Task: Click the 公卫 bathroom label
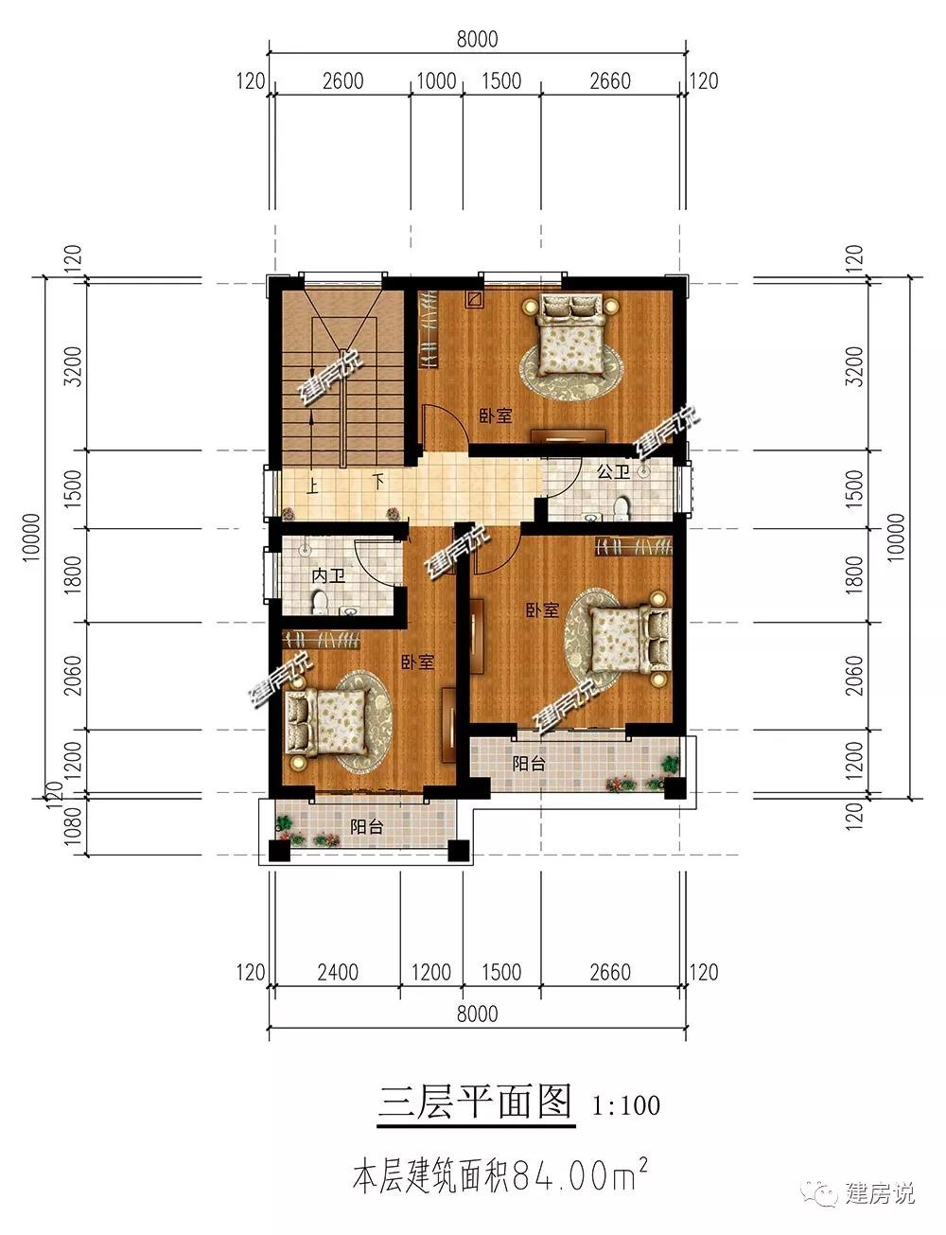(x=613, y=471)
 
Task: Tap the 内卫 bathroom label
(x=328, y=575)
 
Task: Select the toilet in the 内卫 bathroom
(x=320, y=602)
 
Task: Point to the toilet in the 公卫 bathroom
(x=622, y=507)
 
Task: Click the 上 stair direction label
(x=312, y=487)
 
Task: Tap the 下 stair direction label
(x=378, y=482)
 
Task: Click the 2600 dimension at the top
(x=342, y=80)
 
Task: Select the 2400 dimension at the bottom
(x=338, y=973)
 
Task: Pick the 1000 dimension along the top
(x=436, y=80)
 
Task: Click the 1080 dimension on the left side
(x=73, y=827)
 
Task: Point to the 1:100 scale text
(x=626, y=1105)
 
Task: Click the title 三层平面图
(x=476, y=1102)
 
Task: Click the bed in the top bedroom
(x=571, y=334)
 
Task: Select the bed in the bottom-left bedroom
(x=325, y=723)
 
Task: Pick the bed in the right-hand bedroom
(x=631, y=640)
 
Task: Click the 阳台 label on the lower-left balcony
(x=366, y=826)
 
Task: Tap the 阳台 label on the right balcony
(x=529, y=763)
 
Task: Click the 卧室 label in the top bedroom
(x=496, y=415)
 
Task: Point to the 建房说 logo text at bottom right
(x=880, y=1191)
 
